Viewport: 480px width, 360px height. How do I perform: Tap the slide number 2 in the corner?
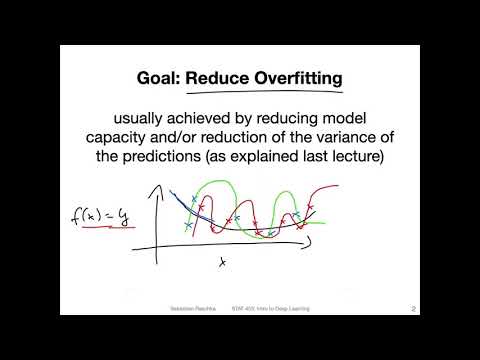click(413, 308)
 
